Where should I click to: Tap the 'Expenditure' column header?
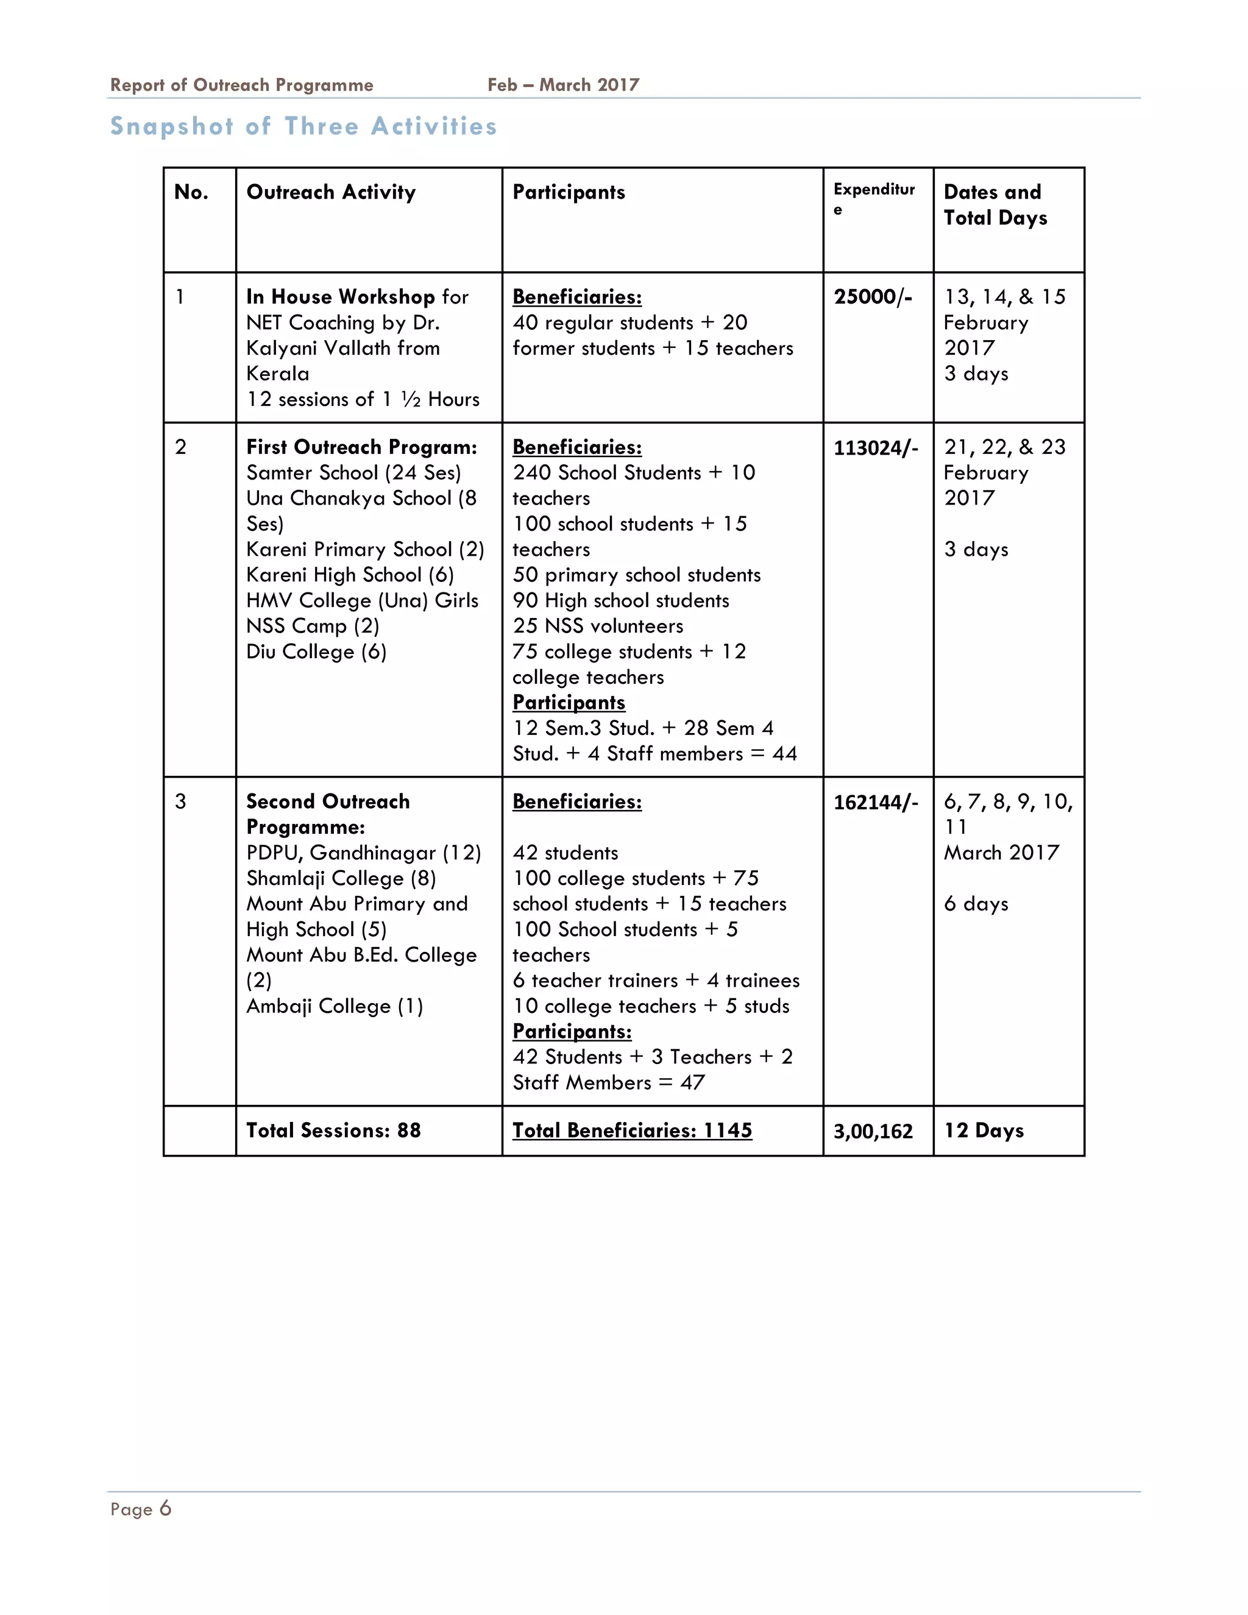(x=874, y=198)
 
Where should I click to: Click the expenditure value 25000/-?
(x=873, y=297)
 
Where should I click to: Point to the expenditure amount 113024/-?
(x=876, y=448)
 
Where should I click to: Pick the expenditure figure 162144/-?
(x=876, y=803)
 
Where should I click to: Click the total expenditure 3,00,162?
(x=873, y=1131)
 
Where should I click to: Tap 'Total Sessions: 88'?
(x=333, y=1130)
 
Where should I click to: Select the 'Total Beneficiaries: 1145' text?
(x=632, y=1130)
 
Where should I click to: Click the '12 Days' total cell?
(x=984, y=1130)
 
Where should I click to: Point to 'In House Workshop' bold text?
(x=341, y=297)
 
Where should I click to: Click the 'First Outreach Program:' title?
(x=361, y=447)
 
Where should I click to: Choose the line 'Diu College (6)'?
(x=316, y=652)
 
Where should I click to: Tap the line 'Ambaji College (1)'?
(x=334, y=1006)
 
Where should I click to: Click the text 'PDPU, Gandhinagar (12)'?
(x=364, y=853)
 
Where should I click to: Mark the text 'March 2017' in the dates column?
(x=1001, y=853)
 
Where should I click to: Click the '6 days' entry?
(x=976, y=904)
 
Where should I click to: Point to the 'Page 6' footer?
(x=141, y=1509)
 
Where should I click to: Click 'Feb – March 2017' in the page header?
(x=564, y=85)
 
